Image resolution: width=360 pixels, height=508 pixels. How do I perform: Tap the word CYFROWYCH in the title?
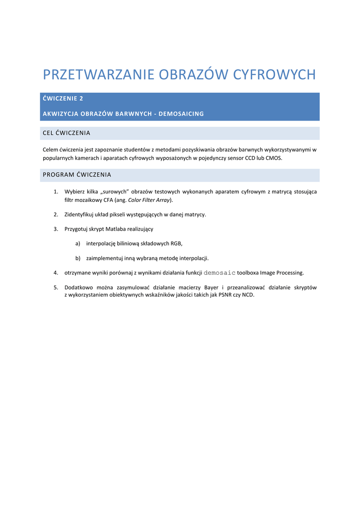(x=275, y=74)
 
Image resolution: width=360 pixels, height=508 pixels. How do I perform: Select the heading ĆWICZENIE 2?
(x=63, y=99)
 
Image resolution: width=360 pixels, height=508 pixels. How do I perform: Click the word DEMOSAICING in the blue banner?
(x=181, y=114)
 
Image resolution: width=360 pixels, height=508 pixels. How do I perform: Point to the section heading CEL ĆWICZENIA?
(x=67, y=133)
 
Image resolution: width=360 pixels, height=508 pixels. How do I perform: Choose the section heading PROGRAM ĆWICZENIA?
(x=77, y=175)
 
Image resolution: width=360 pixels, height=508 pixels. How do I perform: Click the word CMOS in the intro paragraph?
(x=273, y=158)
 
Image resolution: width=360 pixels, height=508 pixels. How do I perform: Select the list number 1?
(x=56, y=191)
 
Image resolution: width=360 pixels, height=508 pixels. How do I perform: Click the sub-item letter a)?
(x=77, y=244)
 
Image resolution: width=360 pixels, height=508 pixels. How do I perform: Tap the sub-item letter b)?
(x=77, y=258)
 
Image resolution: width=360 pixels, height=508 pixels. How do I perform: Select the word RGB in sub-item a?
(x=176, y=244)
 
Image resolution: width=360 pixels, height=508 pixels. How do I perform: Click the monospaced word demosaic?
(x=219, y=272)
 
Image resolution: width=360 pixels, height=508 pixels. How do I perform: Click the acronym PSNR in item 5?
(x=226, y=295)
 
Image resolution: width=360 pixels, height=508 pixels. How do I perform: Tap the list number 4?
(x=56, y=272)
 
